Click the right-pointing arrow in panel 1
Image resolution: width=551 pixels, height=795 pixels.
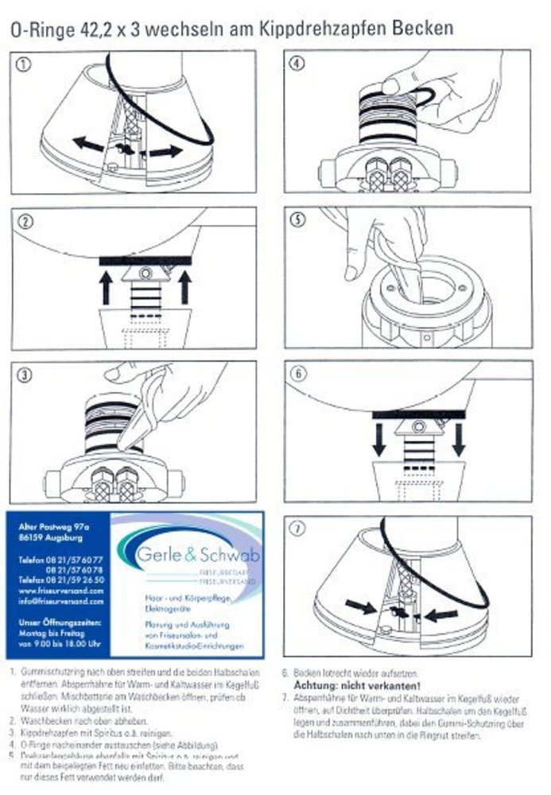tap(168, 150)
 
